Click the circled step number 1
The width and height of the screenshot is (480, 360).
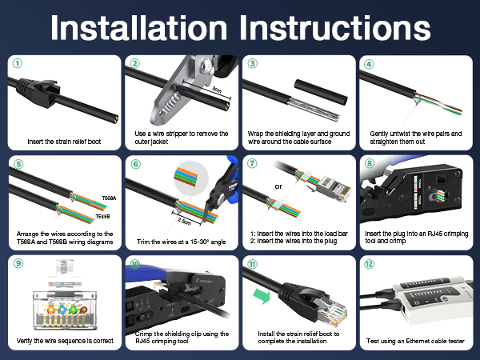[17, 63]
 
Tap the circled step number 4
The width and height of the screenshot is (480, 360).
[369, 63]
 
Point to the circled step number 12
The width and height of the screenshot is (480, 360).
[369, 263]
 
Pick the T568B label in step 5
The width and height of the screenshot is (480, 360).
[102, 216]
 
